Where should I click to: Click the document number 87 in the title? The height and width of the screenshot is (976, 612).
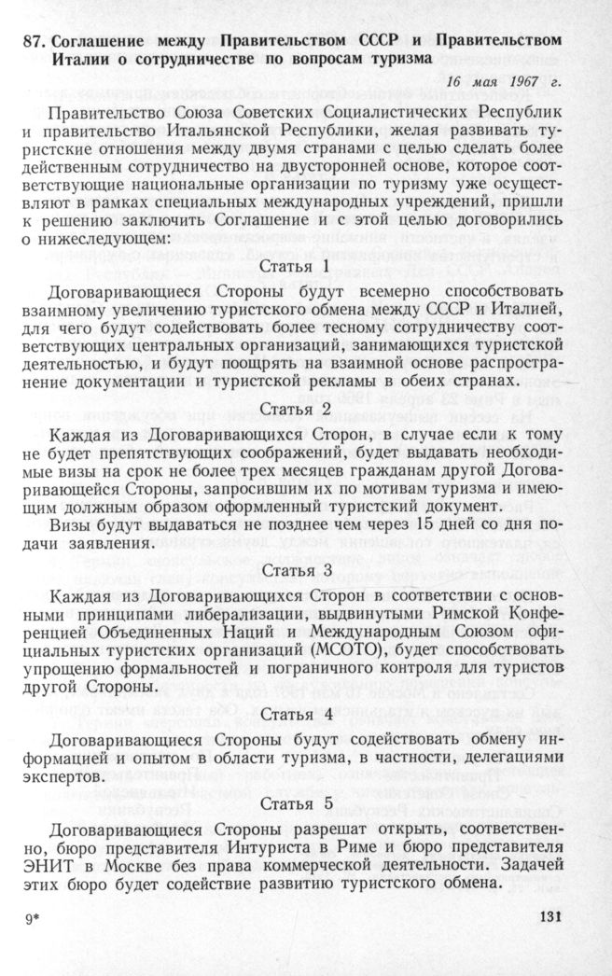point(35,42)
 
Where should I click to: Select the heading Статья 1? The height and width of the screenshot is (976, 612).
point(296,267)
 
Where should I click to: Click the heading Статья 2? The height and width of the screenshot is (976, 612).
point(296,410)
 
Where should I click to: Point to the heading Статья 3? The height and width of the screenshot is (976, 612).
point(296,570)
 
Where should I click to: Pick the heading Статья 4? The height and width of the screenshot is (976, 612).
point(296,715)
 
